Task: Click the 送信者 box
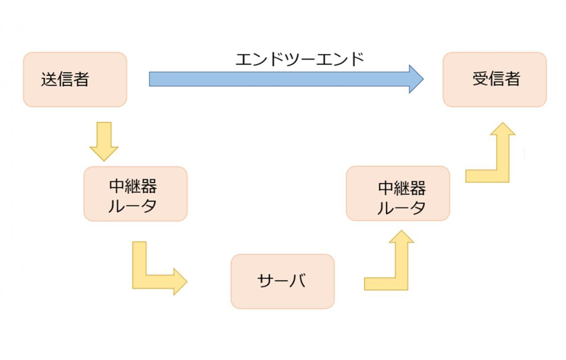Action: coord(75,80)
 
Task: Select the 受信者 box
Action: coord(494,80)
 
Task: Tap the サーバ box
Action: coord(282,281)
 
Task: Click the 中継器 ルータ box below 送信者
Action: coord(135,194)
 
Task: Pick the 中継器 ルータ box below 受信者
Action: coord(398,193)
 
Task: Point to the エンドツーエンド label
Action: coord(299,59)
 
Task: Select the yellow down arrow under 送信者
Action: coord(104,141)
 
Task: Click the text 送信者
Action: coord(65,80)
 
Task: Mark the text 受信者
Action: coord(496,79)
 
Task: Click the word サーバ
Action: coord(281,281)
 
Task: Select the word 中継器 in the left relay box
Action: coord(133,186)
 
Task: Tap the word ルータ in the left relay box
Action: coord(133,206)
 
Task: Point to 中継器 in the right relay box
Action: coord(402,188)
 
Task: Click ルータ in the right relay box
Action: coord(402,207)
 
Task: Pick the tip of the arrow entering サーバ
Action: coord(186,281)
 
